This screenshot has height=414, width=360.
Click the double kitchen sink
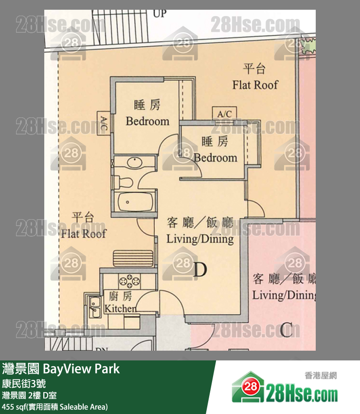(x=94, y=305)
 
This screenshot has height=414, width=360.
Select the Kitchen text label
(x=121, y=302)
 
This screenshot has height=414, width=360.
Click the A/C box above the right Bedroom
(x=225, y=114)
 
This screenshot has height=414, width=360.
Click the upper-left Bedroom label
(x=147, y=113)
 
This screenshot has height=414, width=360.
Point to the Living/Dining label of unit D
(x=200, y=231)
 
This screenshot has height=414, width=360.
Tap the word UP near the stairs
(x=160, y=14)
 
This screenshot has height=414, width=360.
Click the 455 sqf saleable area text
(x=54, y=407)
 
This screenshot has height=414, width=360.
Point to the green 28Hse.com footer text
(x=302, y=392)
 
